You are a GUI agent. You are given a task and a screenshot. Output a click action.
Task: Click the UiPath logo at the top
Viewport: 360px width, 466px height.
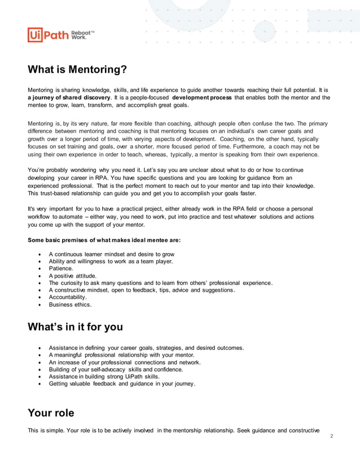click(48, 35)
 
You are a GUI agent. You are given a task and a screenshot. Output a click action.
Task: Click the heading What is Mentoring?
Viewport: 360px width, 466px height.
click(77, 70)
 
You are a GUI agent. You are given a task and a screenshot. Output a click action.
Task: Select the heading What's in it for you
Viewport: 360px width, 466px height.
click(75, 327)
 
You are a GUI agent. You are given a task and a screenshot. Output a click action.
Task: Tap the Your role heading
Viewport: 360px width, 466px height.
click(51, 413)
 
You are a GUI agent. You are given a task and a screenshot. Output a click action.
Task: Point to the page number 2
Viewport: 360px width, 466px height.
click(331, 436)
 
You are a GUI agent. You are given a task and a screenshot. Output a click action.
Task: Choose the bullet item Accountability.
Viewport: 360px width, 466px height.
click(68, 297)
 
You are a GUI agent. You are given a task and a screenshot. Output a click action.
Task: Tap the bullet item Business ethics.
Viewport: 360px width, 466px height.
click(70, 304)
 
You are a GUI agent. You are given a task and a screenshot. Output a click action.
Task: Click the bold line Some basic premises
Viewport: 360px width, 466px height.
click(104, 240)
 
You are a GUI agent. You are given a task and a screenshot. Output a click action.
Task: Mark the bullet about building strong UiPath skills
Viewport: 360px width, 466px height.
click(104, 376)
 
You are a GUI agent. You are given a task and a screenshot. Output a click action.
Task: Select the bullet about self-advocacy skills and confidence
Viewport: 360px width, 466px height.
click(116, 370)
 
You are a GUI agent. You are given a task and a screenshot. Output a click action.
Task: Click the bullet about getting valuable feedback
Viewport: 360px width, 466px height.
click(122, 384)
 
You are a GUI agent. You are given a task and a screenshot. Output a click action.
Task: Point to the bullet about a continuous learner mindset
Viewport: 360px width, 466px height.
click(111, 254)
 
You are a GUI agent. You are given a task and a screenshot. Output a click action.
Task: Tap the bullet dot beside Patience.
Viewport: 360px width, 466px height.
click(38, 269)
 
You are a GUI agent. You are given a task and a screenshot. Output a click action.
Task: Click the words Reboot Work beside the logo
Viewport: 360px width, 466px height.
click(82, 35)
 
